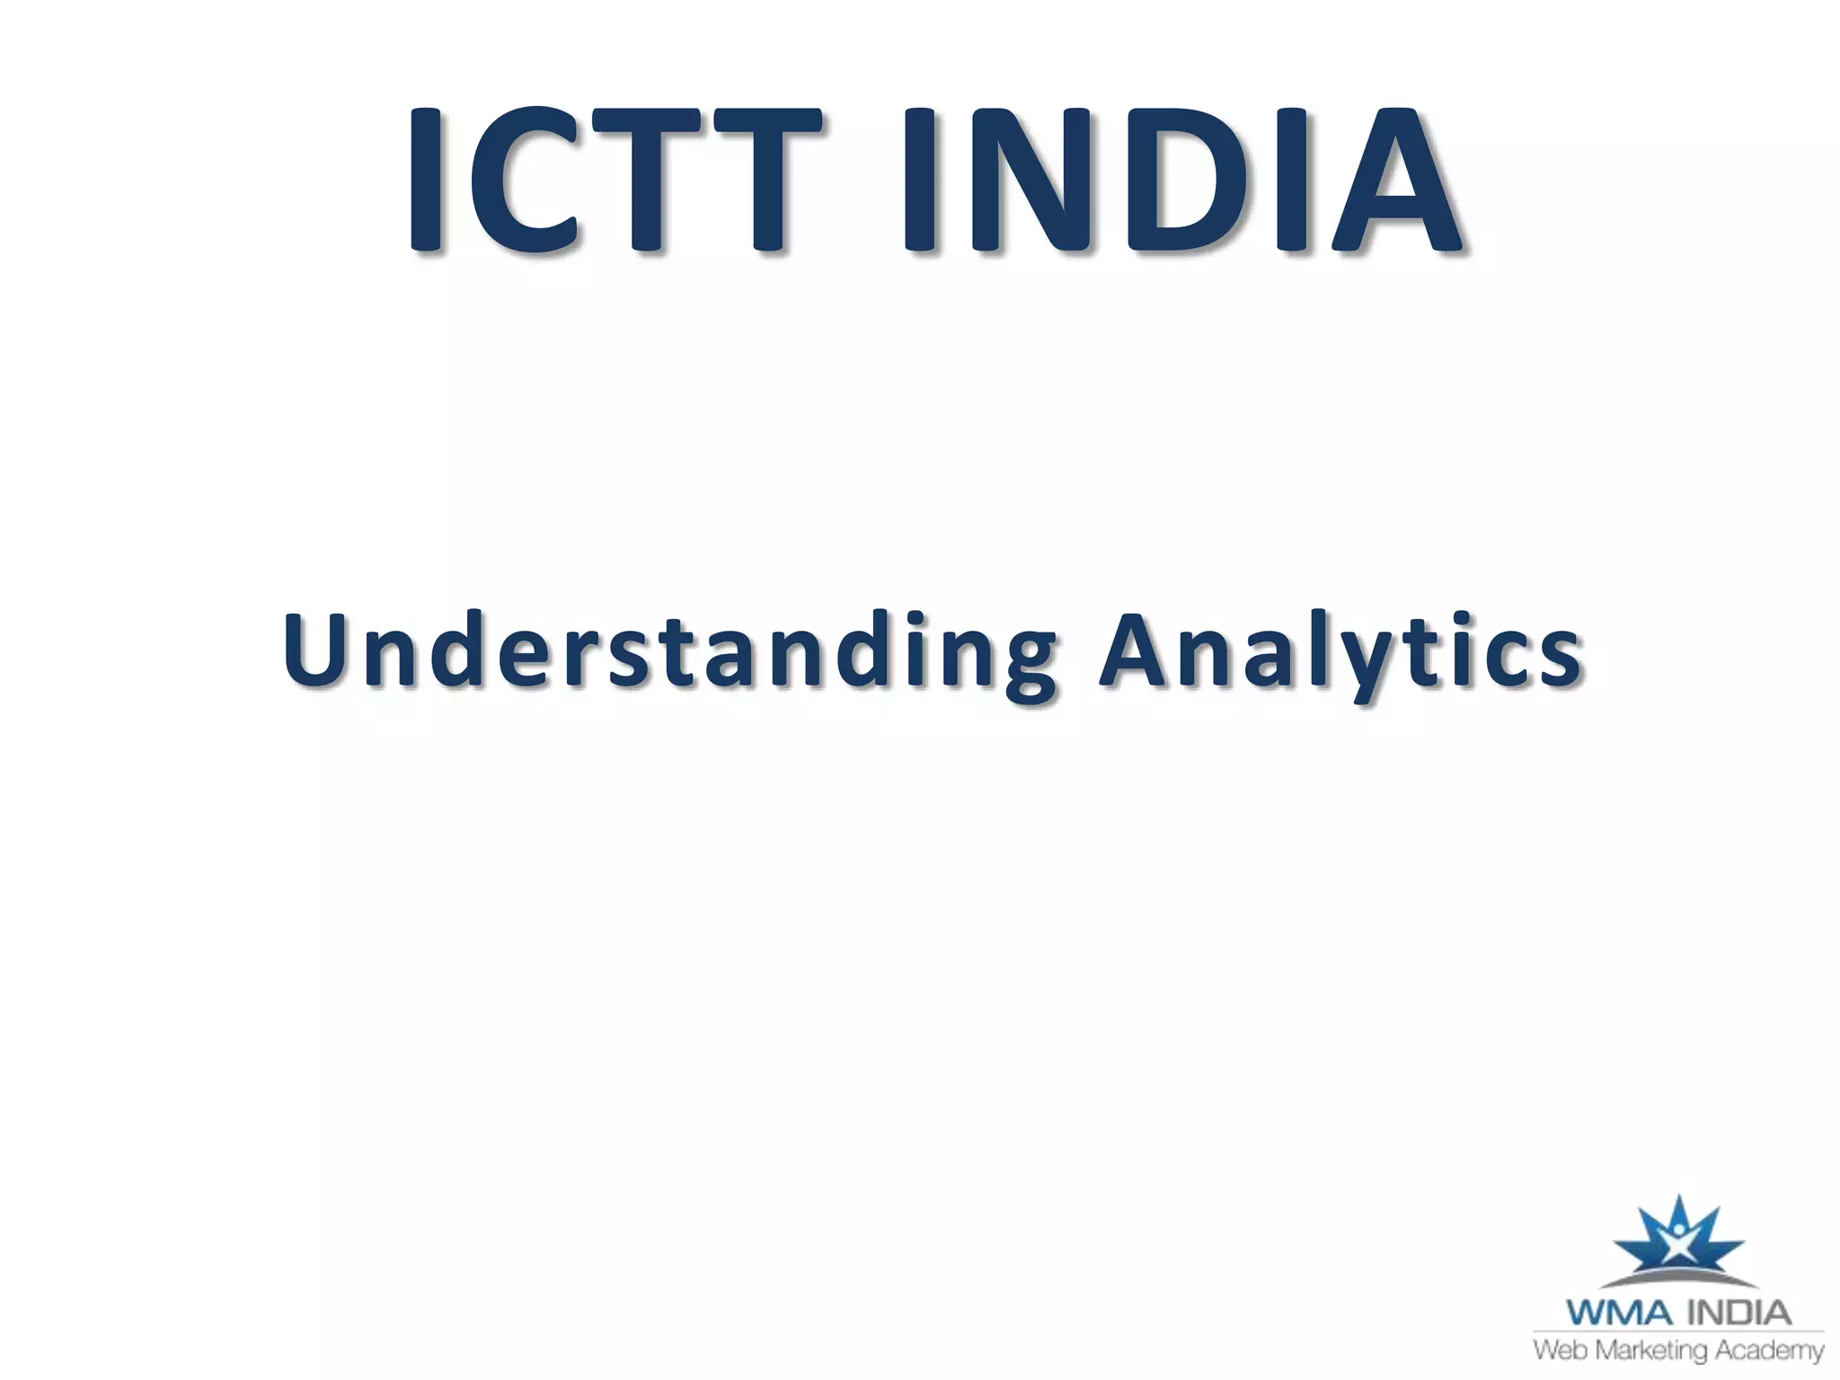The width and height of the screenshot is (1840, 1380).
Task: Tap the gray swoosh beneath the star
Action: click(x=1678, y=1278)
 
